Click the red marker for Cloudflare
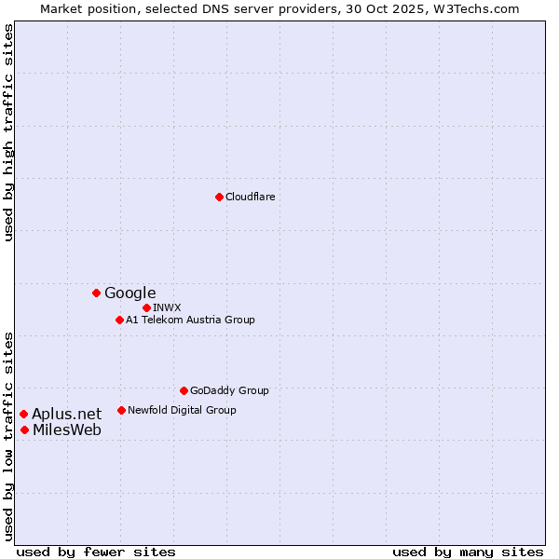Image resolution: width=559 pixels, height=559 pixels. (x=219, y=197)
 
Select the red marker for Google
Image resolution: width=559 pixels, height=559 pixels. (x=96, y=293)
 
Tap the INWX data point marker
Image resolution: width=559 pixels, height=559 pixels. (x=146, y=307)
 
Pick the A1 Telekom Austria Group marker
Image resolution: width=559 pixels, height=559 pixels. (x=119, y=320)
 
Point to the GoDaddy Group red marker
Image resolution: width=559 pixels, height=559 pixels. (x=184, y=390)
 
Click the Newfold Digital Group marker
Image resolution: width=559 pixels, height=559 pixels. (x=121, y=410)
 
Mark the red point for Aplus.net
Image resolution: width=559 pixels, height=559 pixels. (x=23, y=414)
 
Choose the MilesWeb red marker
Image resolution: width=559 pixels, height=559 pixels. (x=24, y=429)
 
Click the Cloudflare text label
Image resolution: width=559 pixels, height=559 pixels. (x=250, y=197)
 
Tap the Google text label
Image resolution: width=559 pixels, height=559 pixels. (x=130, y=293)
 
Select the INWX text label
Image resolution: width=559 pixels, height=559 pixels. (x=167, y=307)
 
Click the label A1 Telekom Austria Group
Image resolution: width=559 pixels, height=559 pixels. (x=190, y=320)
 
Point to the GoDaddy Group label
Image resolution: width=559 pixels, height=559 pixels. (x=229, y=390)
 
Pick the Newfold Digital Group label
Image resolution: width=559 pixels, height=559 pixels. (x=182, y=410)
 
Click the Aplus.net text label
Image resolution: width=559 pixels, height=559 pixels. (x=67, y=414)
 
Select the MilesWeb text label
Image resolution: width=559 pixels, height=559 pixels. (x=67, y=429)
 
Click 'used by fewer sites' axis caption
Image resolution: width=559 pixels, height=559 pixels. (x=96, y=552)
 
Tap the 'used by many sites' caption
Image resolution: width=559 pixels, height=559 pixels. (x=468, y=552)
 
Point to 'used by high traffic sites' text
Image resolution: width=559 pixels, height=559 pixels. (x=9, y=132)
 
